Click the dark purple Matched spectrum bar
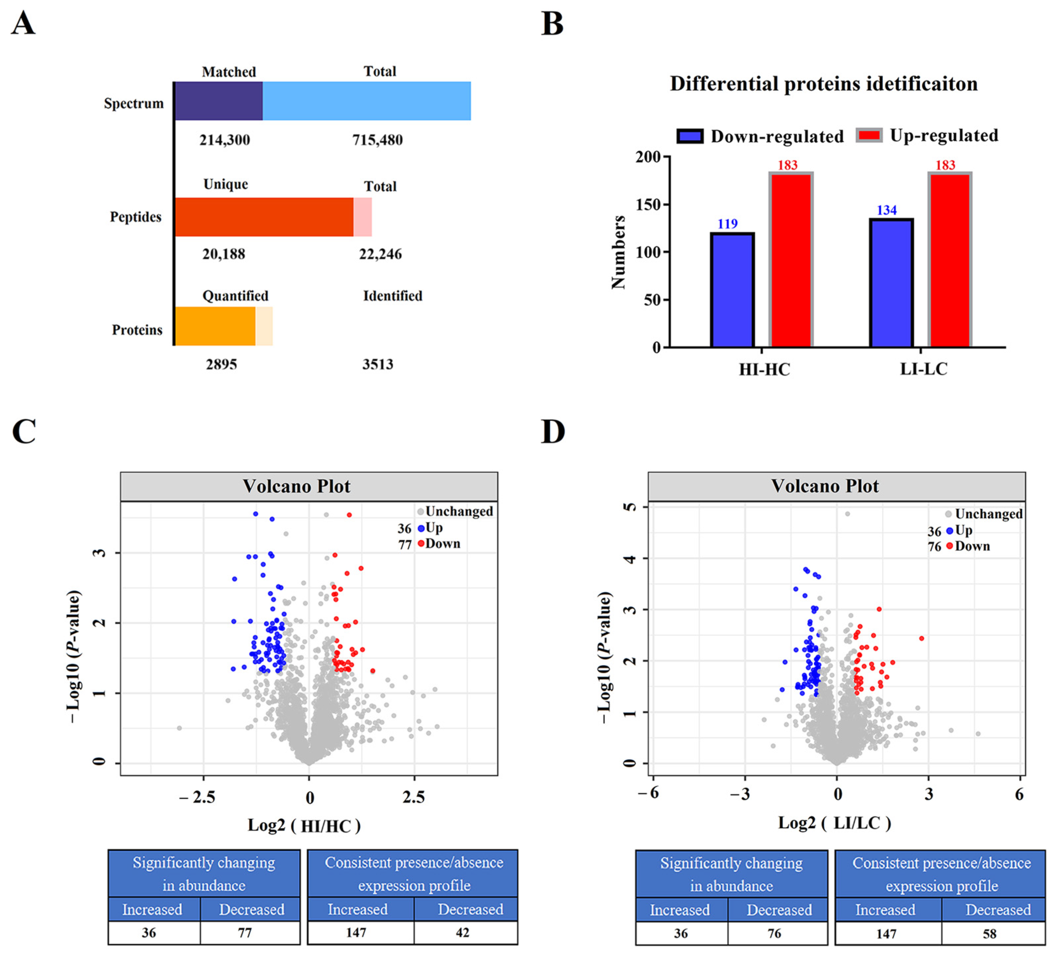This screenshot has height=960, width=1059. (x=218, y=101)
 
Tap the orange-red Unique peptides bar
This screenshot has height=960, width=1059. (x=264, y=217)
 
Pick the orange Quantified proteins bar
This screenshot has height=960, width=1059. (x=215, y=326)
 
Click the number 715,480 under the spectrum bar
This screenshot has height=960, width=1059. (x=377, y=140)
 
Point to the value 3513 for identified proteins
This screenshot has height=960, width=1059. (x=377, y=364)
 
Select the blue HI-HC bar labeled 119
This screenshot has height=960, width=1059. (x=732, y=290)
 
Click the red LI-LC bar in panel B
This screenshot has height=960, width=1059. (x=949, y=260)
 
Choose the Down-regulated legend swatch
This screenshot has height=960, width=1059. (x=690, y=136)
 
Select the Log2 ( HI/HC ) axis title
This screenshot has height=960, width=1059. (x=304, y=826)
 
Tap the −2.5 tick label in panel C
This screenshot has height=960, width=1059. (x=198, y=798)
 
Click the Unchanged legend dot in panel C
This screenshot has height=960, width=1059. (x=420, y=511)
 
